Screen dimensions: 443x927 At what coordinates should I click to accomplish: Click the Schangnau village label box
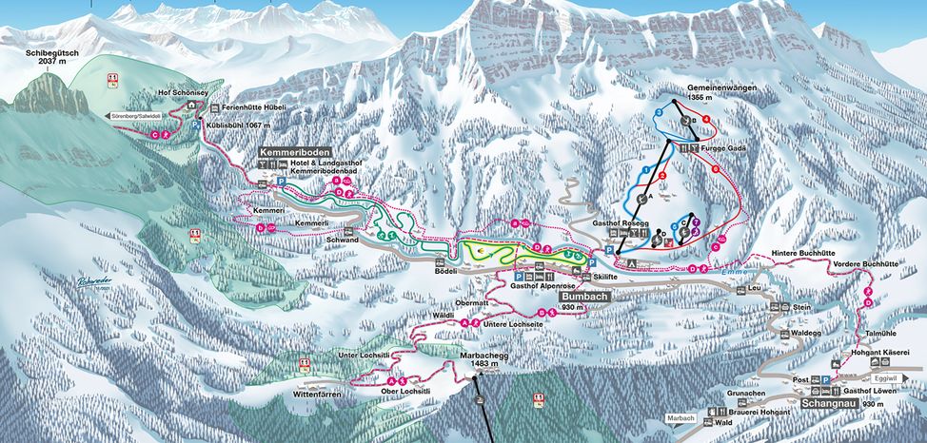(825, 404)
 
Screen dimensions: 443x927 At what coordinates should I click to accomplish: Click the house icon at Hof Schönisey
(191, 105)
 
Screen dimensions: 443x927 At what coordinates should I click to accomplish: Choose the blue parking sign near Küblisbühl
(197, 125)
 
